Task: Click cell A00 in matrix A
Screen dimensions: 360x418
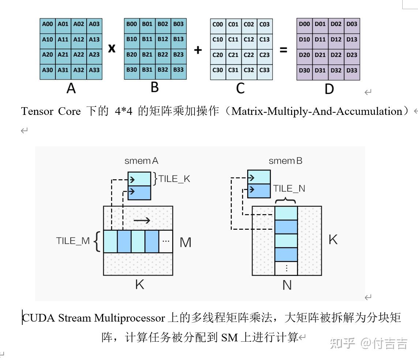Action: click(48, 24)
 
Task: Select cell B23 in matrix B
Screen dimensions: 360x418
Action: click(178, 55)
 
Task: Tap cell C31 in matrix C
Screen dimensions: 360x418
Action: click(233, 70)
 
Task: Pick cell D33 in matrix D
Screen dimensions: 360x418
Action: click(352, 70)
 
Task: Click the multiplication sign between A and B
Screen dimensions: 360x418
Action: click(112, 48)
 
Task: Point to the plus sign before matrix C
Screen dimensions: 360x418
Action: click(198, 50)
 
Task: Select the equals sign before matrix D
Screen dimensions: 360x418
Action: click(283, 50)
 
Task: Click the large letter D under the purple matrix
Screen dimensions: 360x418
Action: click(329, 89)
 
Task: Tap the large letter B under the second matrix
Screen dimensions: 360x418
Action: click(154, 87)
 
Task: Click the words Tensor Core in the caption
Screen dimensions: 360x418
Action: click(51, 111)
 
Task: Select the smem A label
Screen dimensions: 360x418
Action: click(141, 161)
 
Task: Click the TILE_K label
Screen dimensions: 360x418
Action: click(174, 179)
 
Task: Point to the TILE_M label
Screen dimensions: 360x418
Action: click(72, 241)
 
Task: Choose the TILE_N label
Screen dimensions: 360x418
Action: click(289, 188)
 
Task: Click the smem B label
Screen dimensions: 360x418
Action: click(285, 161)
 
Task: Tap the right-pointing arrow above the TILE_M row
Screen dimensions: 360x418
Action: click(142, 220)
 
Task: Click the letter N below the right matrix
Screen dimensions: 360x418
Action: click(287, 285)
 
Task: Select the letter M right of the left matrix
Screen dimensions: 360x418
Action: click(185, 242)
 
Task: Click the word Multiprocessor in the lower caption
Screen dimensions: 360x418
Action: click(129, 318)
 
